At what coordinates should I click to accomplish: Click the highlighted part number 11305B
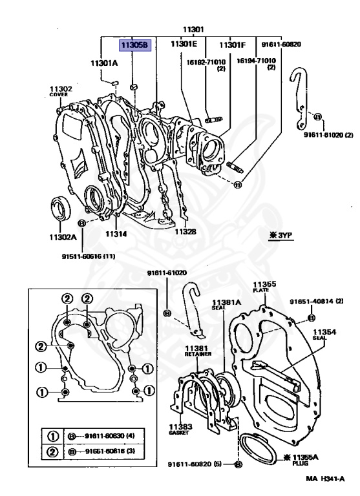pos(133,46)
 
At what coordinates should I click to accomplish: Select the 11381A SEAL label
pos(227,304)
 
